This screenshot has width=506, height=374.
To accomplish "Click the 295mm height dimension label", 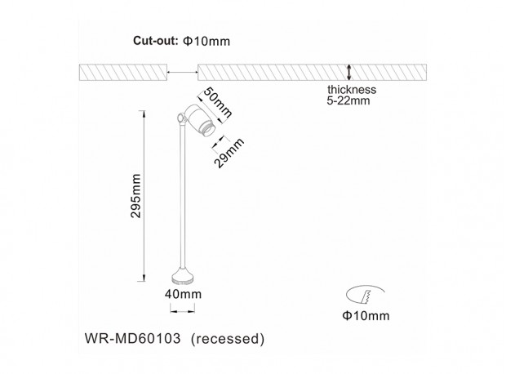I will [136, 197].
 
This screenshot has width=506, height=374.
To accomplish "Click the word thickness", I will [351, 91].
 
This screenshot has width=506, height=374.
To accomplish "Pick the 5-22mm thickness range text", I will [350, 103].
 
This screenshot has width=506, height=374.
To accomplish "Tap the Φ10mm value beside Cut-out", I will [198, 42].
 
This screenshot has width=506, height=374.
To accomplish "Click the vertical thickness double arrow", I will [349, 72].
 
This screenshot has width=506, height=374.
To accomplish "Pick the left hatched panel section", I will [122, 72].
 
